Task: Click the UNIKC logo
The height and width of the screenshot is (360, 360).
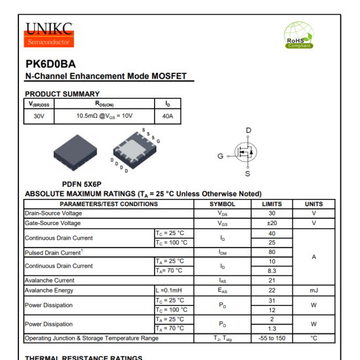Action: click(48, 34)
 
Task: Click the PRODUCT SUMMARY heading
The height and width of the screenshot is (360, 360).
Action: click(62, 94)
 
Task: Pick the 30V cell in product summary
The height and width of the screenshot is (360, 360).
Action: click(39, 116)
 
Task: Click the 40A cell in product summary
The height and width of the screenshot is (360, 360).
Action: click(168, 116)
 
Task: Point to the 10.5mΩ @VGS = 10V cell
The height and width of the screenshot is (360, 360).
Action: click(105, 116)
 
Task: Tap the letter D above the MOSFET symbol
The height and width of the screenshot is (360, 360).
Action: click(248, 131)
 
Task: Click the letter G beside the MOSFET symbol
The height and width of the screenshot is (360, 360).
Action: click(221, 156)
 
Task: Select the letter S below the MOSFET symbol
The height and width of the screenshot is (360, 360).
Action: click(247, 174)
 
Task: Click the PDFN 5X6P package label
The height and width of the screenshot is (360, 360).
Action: click(82, 185)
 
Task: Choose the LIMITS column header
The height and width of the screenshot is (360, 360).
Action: click(272, 204)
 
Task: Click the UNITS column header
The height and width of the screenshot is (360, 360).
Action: click(314, 204)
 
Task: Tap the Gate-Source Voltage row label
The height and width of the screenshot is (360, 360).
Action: click(53, 223)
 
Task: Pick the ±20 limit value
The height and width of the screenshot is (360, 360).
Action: click(272, 223)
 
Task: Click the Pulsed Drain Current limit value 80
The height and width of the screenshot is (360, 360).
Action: click(272, 252)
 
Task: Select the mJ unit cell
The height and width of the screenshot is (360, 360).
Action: click(314, 290)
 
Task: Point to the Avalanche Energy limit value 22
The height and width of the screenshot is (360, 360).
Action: click(272, 290)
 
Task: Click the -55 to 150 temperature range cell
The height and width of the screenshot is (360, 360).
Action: click(272, 338)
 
